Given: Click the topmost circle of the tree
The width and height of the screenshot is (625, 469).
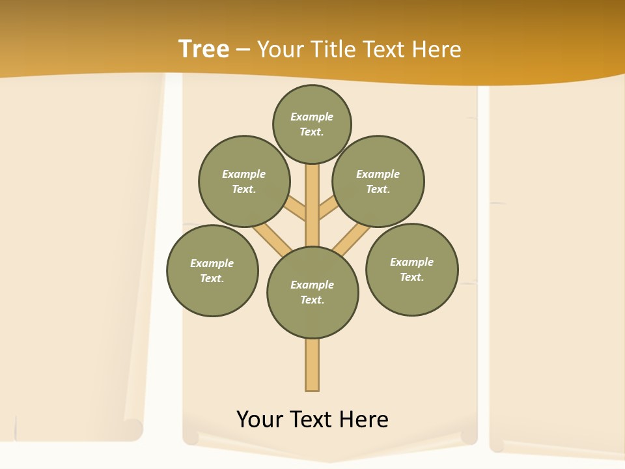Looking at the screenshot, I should pyautogui.click(x=312, y=124).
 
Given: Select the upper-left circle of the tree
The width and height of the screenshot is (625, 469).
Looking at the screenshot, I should pyautogui.click(x=244, y=181).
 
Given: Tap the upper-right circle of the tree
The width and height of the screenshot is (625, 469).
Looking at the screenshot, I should pyautogui.click(x=378, y=181).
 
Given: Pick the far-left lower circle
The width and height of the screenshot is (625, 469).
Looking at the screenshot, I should pyautogui.click(x=212, y=270).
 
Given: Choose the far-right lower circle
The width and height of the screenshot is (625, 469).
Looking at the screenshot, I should pyautogui.click(x=411, y=269).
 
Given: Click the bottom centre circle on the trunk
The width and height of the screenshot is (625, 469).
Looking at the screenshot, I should pyautogui.click(x=312, y=292).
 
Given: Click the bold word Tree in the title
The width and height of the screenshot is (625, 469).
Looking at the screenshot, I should pyautogui.click(x=204, y=49).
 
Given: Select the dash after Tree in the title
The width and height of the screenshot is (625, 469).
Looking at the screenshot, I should pyautogui.click(x=242, y=50).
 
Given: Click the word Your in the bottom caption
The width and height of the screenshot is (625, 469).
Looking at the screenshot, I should pyautogui.click(x=259, y=419).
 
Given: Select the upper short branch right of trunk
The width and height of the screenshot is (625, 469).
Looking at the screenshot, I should pyautogui.click(x=329, y=208).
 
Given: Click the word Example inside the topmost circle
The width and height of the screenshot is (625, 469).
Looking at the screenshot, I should pyautogui.click(x=312, y=117).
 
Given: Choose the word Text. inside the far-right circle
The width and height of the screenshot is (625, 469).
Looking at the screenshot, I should pyautogui.click(x=411, y=277).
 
